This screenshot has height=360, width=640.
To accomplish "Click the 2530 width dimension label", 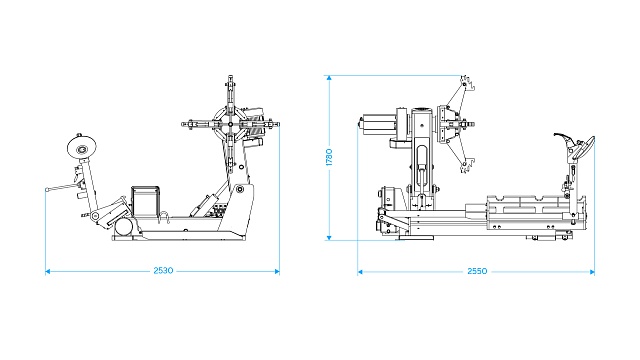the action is pyautogui.click(x=163, y=271).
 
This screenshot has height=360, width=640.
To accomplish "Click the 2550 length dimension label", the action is pyautogui.click(x=477, y=271).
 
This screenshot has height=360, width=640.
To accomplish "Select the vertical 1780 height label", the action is pyautogui.click(x=329, y=157).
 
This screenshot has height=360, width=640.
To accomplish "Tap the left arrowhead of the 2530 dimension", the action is pyautogui.click(x=47, y=271).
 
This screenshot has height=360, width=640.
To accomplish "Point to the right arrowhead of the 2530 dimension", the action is pyautogui.click(x=277, y=271).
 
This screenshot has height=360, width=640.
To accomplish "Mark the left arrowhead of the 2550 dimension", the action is pyautogui.click(x=360, y=271).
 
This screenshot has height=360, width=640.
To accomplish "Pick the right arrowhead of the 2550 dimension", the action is pyautogui.click(x=592, y=271).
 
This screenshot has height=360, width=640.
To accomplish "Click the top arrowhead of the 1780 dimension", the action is pyautogui.click(x=329, y=78).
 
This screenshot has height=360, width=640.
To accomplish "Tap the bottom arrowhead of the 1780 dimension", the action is pyautogui.click(x=329, y=238).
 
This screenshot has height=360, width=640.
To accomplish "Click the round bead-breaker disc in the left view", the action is pyautogui.click(x=82, y=147).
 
